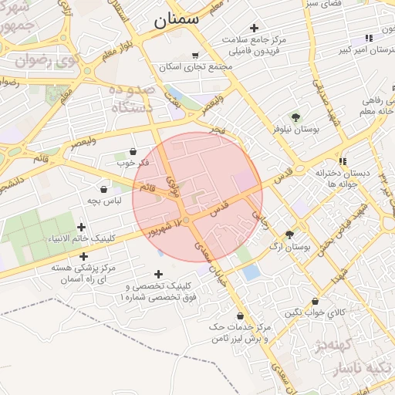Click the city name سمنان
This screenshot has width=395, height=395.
pos(176,19)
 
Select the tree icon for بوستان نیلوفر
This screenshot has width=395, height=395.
pos(295,116)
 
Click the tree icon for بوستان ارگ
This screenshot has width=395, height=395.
pos(290,234)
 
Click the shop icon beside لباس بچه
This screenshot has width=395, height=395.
pos(103,188)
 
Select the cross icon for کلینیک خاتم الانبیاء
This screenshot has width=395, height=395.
pos(82,226)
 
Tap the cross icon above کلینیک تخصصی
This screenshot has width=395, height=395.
pos(158,274)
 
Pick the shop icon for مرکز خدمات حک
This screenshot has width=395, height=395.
pos(241,316)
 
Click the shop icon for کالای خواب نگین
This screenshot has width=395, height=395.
pos(315,302)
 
